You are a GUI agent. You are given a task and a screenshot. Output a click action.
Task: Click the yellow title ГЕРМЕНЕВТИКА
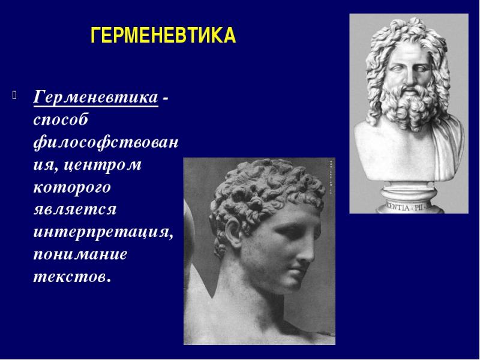(x=163, y=35)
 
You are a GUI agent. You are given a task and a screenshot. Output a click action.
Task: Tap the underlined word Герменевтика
(x=95, y=97)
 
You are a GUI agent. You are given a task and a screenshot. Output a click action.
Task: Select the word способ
(x=61, y=120)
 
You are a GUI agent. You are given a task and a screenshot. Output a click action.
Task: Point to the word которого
(x=72, y=187)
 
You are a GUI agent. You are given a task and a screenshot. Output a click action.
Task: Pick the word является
(x=75, y=209)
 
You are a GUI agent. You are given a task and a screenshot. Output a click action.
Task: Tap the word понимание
(x=80, y=254)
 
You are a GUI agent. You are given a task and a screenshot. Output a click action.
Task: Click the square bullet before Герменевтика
(x=14, y=95)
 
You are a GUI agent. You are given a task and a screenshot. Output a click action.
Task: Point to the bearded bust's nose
(x=409, y=77)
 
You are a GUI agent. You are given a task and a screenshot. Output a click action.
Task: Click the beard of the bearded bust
(x=409, y=106)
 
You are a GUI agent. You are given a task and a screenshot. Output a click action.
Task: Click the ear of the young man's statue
(x=234, y=233)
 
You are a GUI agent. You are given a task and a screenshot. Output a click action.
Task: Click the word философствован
(x=106, y=142)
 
